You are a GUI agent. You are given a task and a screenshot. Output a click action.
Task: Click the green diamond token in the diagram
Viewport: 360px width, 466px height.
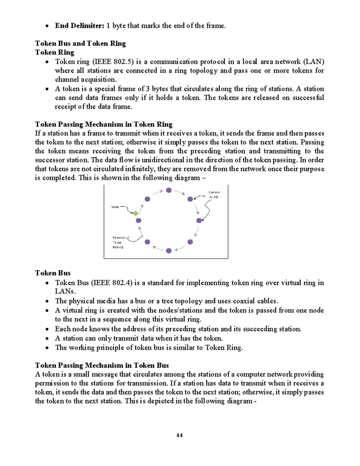(136, 213)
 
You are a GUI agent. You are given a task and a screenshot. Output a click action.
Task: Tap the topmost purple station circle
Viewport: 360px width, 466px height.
(169, 190)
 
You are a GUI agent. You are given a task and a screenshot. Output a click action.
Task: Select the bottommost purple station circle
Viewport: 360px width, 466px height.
(169, 251)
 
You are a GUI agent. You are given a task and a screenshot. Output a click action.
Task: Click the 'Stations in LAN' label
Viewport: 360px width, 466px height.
(214, 194)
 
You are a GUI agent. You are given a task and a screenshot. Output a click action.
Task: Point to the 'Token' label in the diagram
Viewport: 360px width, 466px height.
(115, 207)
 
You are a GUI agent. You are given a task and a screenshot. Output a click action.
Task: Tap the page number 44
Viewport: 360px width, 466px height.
(179, 435)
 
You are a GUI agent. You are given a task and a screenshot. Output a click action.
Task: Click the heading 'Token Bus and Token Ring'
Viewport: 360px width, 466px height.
(80, 44)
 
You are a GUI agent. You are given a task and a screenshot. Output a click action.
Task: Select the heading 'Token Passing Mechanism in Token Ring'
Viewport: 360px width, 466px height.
(104, 124)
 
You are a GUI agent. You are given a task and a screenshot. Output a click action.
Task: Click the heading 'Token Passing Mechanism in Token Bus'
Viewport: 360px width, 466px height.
(102, 365)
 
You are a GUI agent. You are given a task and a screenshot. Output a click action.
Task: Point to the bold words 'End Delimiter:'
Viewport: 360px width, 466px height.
(79, 26)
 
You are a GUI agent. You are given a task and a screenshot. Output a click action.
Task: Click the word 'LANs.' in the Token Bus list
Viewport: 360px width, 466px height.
(65, 291)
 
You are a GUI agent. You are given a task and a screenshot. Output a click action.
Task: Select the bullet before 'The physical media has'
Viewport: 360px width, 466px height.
(47, 301)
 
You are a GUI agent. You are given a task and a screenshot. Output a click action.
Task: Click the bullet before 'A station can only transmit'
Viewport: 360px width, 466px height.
(47, 339)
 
